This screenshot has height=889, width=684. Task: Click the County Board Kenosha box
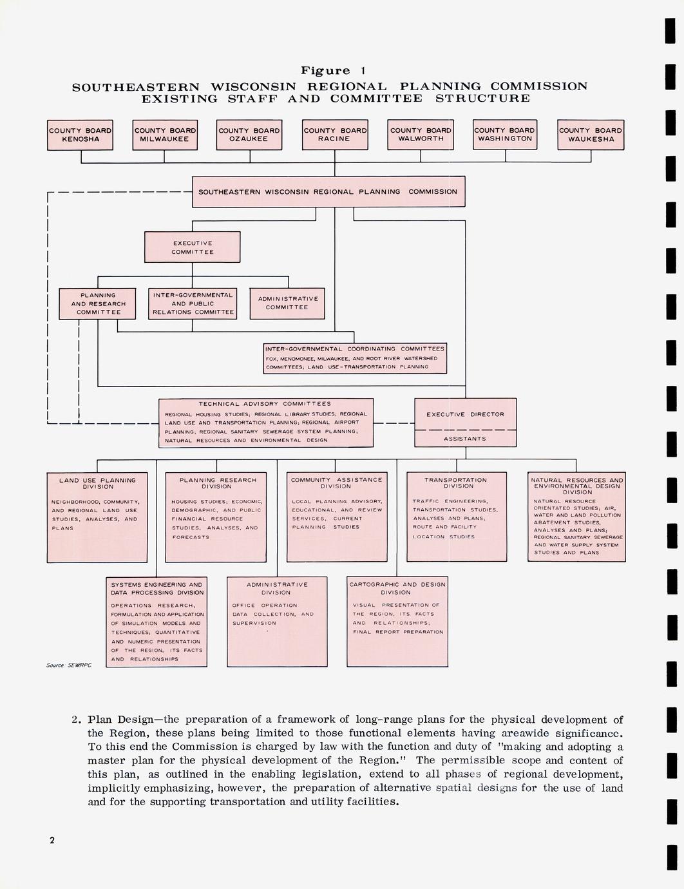click(80, 135)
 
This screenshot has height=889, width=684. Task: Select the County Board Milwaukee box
click(165, 135)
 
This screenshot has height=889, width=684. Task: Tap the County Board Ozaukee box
click(249, 135)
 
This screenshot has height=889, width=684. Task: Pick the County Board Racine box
click(335, 135)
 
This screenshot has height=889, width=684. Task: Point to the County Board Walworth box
click(421, 135)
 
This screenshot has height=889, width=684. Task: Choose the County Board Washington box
click(505, 135)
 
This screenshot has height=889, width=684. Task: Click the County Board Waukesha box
click(591, 135)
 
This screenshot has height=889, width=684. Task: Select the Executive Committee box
click(193, 247)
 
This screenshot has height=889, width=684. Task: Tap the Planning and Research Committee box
click(98, 304)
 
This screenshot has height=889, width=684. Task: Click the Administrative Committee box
click(288, 303)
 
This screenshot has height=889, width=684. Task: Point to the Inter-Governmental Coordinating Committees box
click(355, 358)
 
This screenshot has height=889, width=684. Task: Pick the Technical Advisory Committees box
click(265, 423)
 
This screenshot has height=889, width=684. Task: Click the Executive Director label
click(465, 414)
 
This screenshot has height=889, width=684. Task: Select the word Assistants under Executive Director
click(465, 439)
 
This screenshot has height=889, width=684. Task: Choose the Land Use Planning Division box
click(98, 517)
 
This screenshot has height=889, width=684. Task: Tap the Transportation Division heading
click(456, 483)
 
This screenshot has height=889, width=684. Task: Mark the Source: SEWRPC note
click(69, 665)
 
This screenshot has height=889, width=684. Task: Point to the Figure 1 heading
click(333, 71)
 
